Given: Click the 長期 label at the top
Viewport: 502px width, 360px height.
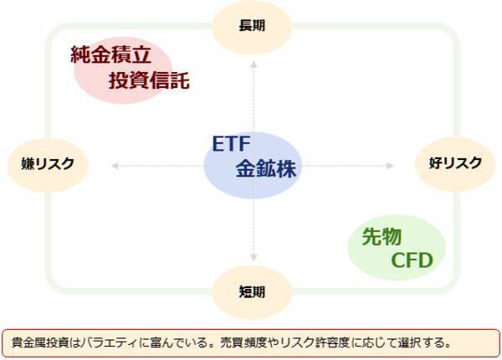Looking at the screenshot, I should [252, 26].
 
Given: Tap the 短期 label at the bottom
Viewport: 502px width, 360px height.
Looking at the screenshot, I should [252, 292].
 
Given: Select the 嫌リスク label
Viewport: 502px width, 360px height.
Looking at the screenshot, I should [48, 163].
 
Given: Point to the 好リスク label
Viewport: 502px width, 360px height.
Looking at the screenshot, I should [455, 162].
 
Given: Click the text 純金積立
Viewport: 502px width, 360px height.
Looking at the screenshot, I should [110, 56].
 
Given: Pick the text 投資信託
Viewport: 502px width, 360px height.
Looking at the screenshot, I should [149, 81].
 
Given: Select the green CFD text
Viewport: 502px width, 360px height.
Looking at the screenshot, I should [412, 261].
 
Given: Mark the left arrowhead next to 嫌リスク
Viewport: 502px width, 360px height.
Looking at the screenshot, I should [113, 166].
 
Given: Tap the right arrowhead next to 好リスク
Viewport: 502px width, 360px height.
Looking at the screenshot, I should [390, 166].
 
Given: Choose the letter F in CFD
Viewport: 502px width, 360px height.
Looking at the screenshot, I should [412, 261].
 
